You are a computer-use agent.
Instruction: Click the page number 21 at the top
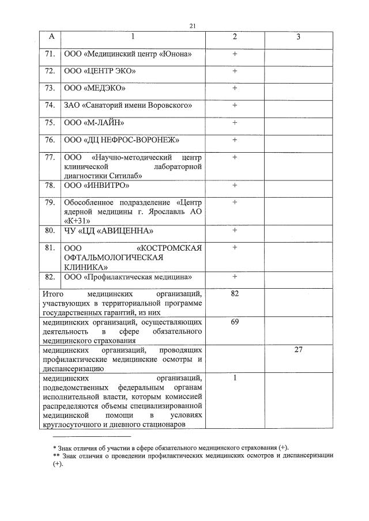tap(193, 25)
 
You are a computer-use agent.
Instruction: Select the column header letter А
tap(51, 37)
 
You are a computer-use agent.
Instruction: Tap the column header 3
tap(298, 37)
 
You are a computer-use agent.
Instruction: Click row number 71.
tap(50, 54)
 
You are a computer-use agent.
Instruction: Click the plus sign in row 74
tap(235, 105)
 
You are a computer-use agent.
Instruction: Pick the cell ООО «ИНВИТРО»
tap(97, 186)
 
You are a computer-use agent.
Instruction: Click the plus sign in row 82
tap(235, 277)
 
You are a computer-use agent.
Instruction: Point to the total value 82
tap(235, 294)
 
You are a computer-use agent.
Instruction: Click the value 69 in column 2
tap(235, 322)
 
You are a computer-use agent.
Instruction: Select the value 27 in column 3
tap(298, 350)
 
